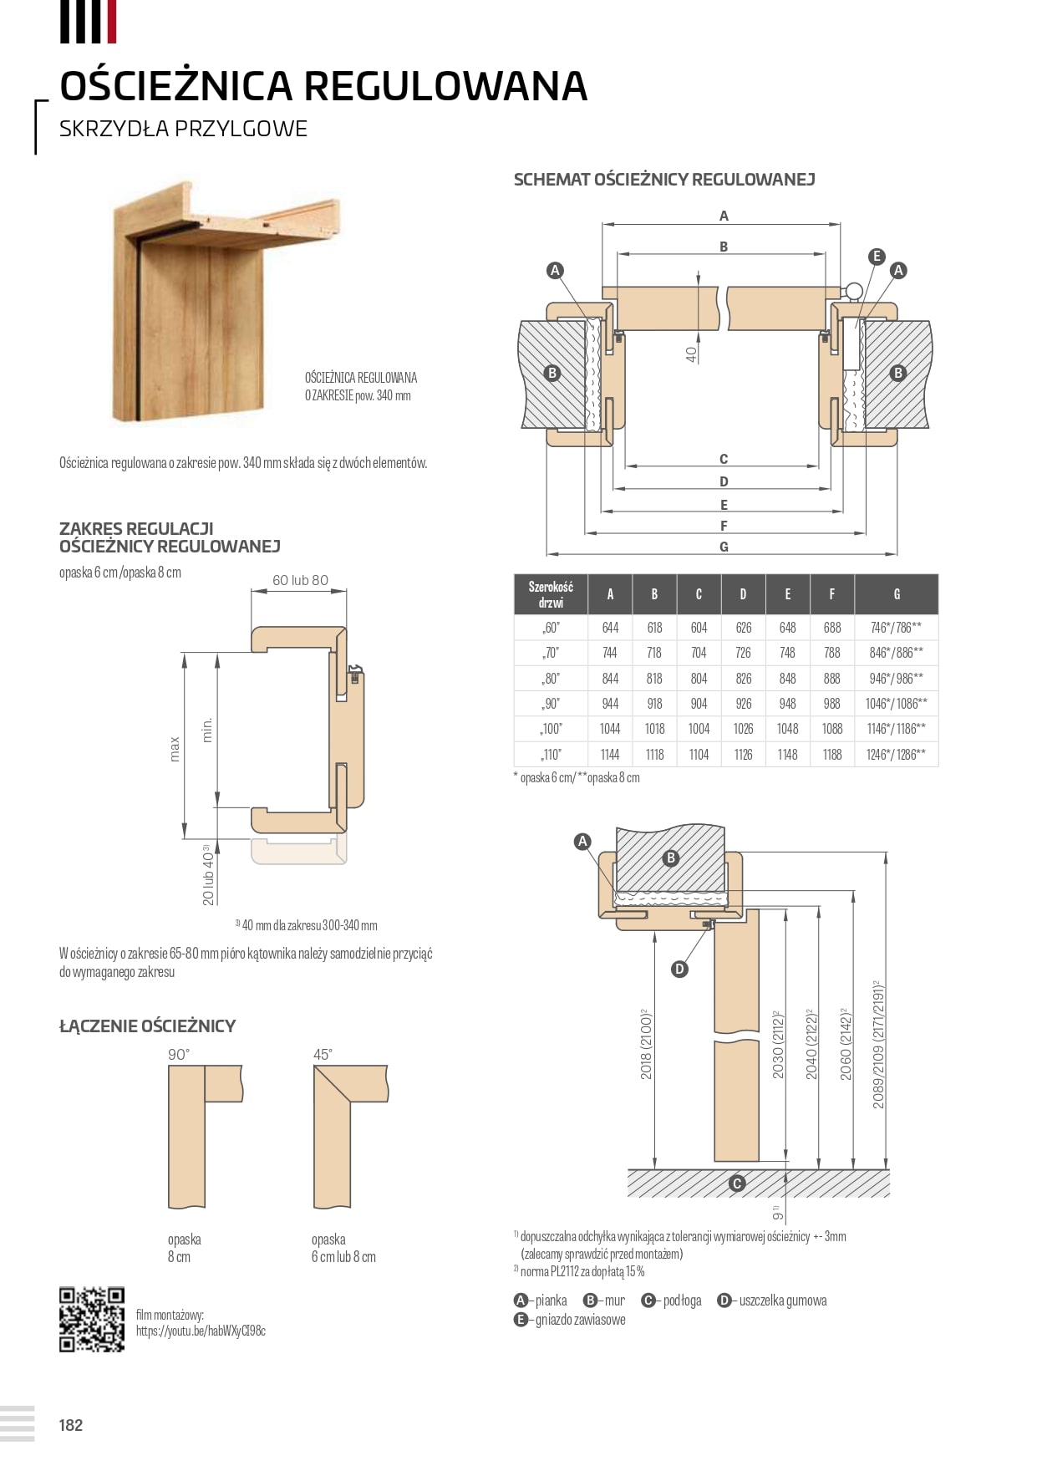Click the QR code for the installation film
point(91,1319)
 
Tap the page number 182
point(71,1425)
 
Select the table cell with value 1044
point(610,729)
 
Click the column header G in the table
point(897,594)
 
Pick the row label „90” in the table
point(551,704)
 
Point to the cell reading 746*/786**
point(896,628)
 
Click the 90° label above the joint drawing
point(179,1055)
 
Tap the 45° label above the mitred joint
point(323,1055)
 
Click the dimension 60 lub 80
point(300,580)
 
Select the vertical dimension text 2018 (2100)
point(646,1044)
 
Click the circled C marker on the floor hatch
point(737,1183)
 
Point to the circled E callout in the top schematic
point(876,257)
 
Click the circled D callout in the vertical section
point(679,969)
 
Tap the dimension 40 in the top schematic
point(691,354)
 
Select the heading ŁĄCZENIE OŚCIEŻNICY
point(148,1026)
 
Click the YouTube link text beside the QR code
point(201,1331)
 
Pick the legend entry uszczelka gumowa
point(782,1301)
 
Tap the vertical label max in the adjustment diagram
point(175,748)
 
